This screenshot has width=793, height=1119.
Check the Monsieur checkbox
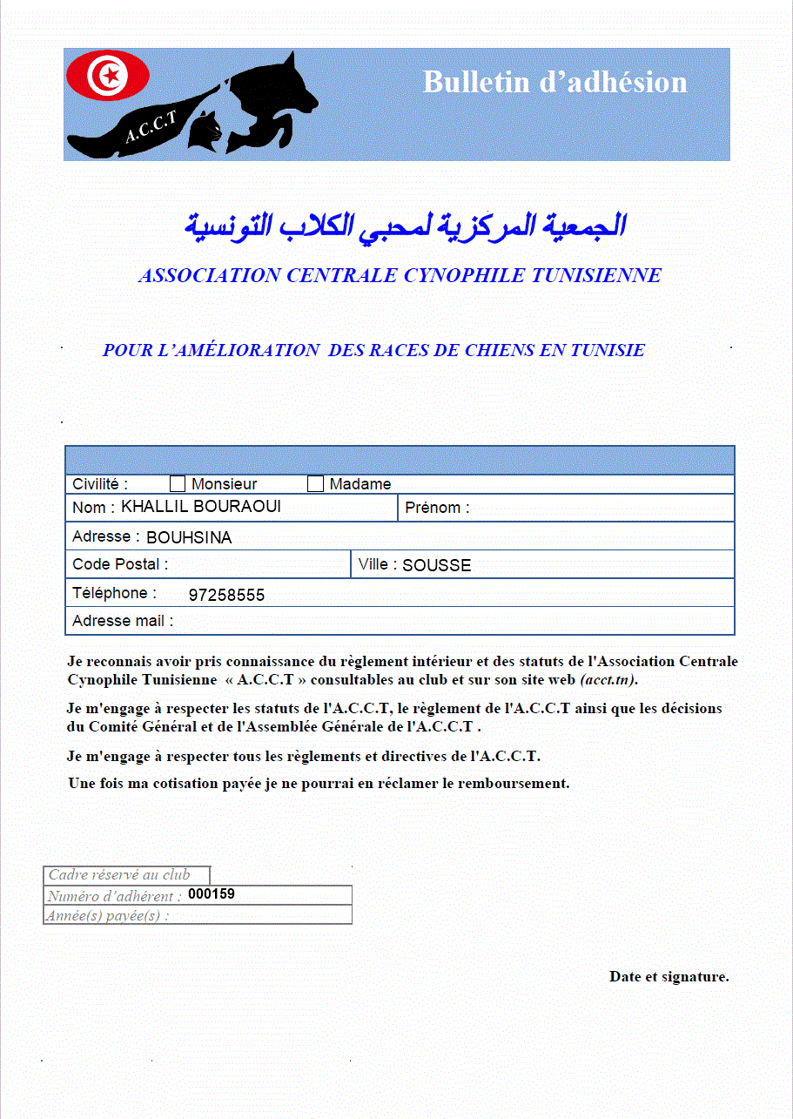click(178, 483)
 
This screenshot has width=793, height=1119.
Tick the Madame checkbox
click(316, 483)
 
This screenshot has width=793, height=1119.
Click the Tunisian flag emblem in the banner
click(108, 75)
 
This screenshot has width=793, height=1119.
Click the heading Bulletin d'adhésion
click(554, 82)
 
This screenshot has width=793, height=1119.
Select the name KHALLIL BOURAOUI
click(201, 507)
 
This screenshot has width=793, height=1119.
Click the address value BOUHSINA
click(189, 538)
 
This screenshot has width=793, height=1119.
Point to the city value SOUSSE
click(436, 565)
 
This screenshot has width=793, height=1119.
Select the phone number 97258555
click(226, 596)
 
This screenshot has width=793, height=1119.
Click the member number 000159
click(212, 893)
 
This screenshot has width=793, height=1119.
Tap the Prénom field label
click(437, 508)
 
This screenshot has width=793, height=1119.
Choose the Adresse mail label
click(123, 621)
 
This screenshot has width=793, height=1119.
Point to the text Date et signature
click(669, 976)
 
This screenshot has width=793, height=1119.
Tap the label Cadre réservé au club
click(118, 874)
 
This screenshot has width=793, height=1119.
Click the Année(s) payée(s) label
click(108, 915)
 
